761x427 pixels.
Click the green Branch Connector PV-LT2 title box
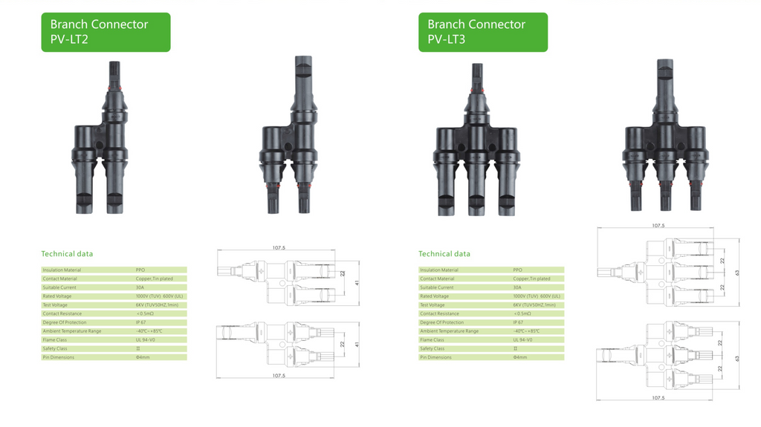coord(106,32)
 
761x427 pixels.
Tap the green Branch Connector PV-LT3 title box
coord(482,32)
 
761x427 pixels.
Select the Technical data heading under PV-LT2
coord(67,254)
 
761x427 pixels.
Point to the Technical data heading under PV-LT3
coord(444,254)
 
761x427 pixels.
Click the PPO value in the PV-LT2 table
coord(140,270)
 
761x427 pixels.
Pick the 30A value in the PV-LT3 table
coord(517,287)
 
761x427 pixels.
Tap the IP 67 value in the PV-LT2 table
coord(141,322)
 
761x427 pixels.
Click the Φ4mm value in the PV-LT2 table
coord(143,357)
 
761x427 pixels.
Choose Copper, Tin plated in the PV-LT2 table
coord(155,279)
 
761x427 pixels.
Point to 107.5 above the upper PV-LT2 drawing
coord(279,248)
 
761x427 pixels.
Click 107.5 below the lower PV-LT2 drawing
coord(279,376)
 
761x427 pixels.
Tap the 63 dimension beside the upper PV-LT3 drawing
coord(737,273)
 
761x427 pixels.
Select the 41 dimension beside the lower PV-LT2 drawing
coord(357,345)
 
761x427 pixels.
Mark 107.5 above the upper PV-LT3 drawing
coord(658,226)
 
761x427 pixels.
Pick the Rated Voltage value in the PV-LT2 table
coord(160,296)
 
